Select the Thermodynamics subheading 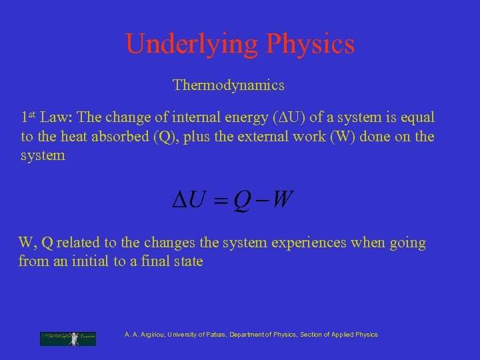point(229,85)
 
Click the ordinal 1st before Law point(28,117)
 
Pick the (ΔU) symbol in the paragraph point(289,117)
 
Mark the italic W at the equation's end point(283,200)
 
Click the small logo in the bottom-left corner point(68,338)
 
